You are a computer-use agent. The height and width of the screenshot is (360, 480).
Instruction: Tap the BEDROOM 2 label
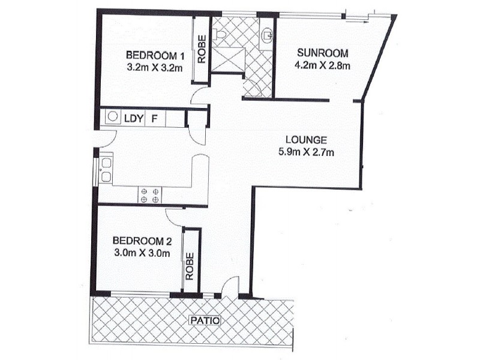143,242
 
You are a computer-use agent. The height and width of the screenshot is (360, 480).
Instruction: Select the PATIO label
205,321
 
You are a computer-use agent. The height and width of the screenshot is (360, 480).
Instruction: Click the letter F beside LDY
154,118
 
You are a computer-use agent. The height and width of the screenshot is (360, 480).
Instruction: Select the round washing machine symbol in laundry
112,118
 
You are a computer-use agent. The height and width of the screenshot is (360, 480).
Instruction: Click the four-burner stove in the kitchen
150,195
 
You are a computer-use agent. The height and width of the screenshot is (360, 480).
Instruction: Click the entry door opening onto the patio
230,287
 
